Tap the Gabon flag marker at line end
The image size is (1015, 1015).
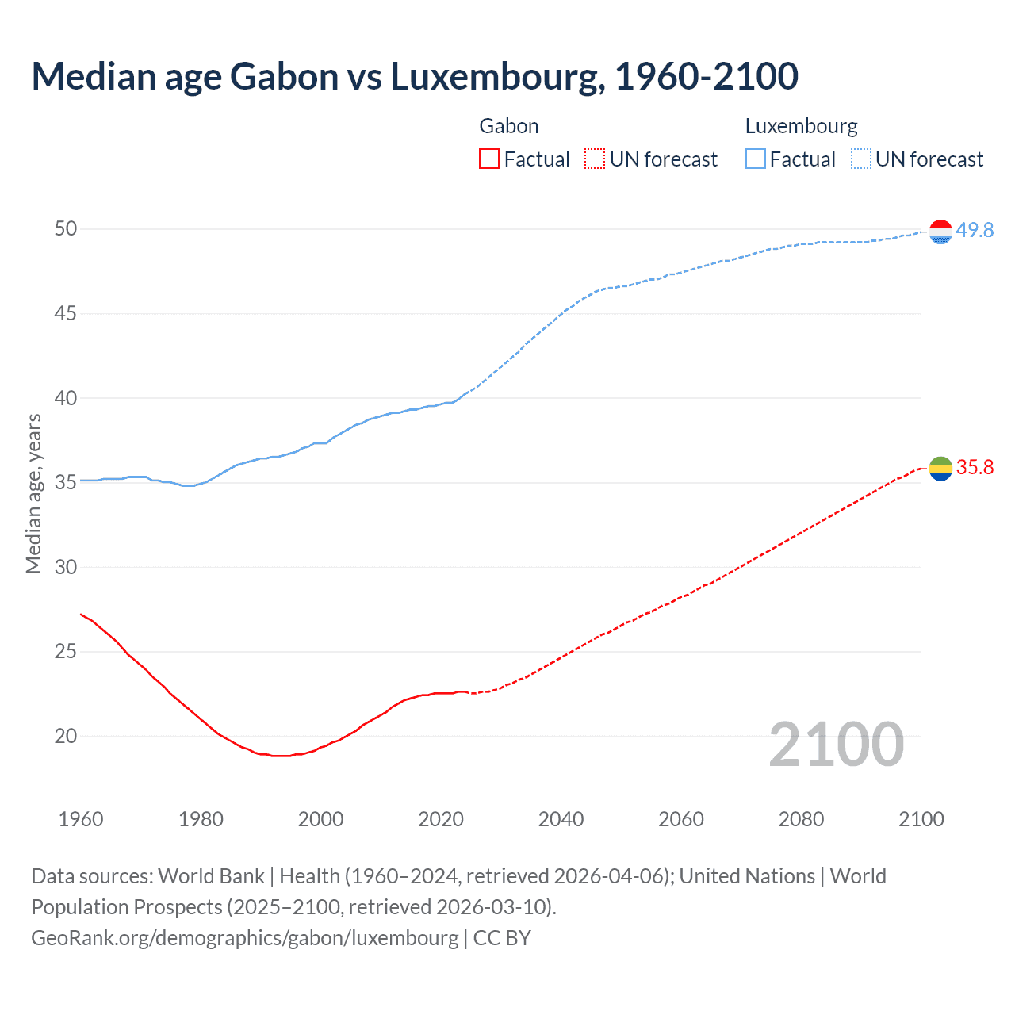point(940,469)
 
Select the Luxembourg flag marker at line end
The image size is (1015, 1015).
point(940,232)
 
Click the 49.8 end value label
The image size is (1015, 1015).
point(975,230)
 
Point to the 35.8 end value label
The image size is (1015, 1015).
point(975,467)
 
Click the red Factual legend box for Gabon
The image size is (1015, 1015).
point(489,159)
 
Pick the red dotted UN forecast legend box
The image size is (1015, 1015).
point(595,159)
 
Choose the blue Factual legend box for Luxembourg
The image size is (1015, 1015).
point(756,159)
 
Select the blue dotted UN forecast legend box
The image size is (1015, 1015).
point(861,159)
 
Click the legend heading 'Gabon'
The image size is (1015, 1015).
point(509,126)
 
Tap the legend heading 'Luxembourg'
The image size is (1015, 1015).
point(801,126)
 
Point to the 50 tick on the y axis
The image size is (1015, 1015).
point(66,229)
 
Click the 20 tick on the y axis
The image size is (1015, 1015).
point(66,736)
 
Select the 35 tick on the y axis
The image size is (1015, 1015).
point(66,482)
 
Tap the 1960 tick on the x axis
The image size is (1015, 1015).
point(81,819)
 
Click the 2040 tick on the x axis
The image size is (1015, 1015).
point(561,819)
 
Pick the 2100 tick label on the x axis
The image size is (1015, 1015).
point(921,819)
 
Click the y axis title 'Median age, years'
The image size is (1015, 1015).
point(33,493)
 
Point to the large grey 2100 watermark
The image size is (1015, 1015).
point(836,744)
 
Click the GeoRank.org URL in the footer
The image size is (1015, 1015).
point(244,938)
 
